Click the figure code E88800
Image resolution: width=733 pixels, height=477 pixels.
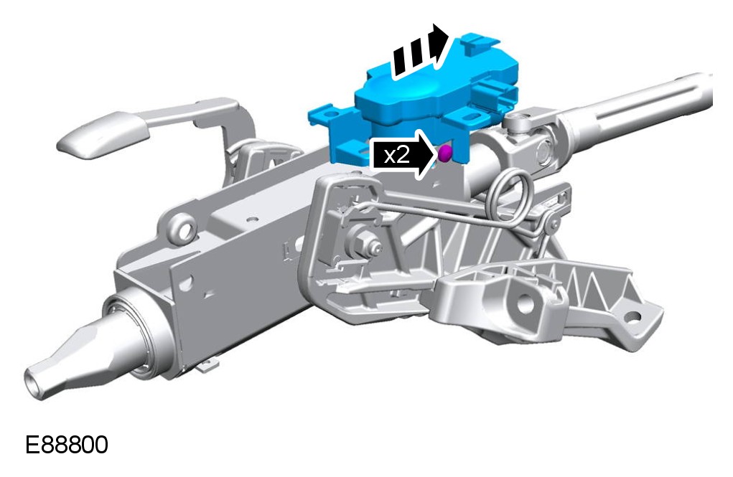click(x=66, y=444)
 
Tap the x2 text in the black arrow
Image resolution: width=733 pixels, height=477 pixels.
click(x=396, y=155)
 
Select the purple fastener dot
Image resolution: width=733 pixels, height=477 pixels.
click(x=445, y=154)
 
